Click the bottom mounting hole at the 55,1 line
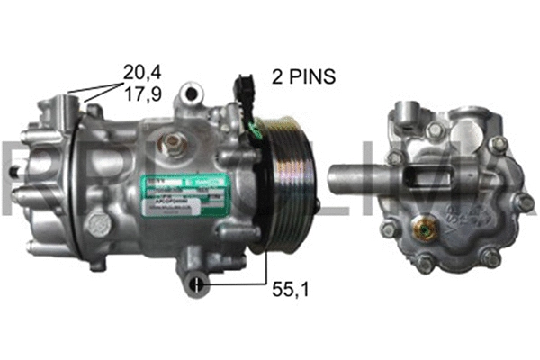tap(195, 286)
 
